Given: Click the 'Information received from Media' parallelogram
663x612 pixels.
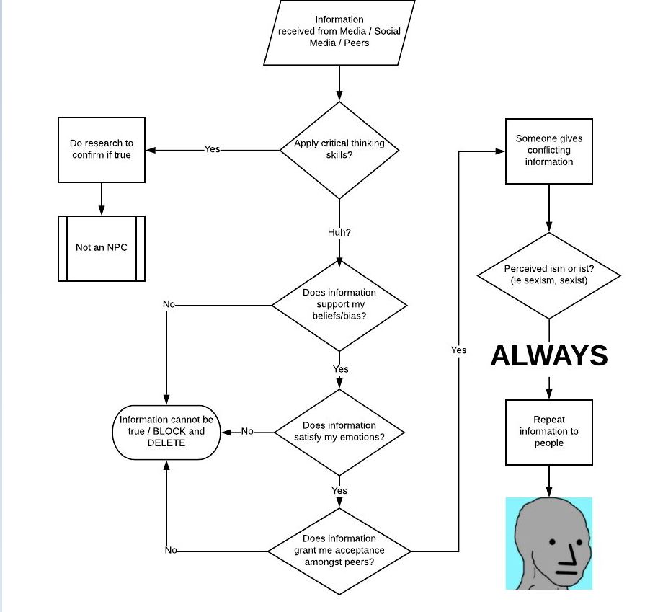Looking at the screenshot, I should point(339,32).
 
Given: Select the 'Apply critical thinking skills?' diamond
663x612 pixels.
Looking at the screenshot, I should point(339,150).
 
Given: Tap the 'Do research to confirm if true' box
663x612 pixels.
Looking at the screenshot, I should point(102,150).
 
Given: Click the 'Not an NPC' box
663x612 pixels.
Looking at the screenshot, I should point(102,248).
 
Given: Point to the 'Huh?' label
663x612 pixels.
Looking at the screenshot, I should point(339,233).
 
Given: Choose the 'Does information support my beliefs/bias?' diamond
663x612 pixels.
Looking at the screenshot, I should point(339,304).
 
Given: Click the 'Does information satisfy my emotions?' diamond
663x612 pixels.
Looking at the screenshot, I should point(339,432).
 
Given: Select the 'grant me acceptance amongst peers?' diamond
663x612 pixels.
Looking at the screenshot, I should point(339,551).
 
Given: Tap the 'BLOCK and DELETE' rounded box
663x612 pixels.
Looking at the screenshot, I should point(166,432).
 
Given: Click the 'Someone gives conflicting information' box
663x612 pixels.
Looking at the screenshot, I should point(549,151).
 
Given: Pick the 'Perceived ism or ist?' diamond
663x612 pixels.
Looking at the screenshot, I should point(549,275).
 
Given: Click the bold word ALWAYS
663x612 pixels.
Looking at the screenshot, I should point(549,355).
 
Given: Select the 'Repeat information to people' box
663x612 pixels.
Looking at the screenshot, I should point(549,432).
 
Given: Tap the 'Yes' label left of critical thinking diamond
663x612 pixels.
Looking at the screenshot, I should point(212,149).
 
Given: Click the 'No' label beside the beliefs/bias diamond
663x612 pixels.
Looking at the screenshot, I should point(169,305).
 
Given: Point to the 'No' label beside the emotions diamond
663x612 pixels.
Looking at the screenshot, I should point(247,432).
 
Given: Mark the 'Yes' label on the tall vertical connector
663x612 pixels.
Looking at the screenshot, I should point(458,350).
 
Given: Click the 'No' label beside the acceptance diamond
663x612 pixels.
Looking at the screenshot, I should point(171,551).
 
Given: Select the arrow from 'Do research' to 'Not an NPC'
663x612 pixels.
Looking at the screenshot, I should point(102,199).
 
